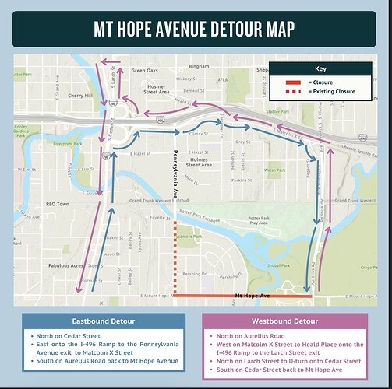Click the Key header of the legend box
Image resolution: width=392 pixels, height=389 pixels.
[x=320, y=68]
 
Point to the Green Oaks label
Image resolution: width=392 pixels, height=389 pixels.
[x=144, y=71]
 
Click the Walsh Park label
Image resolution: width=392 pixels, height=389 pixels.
[x=274, y=169]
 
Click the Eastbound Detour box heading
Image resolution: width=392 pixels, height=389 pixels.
[x=103, y=321]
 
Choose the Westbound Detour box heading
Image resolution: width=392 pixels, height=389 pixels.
[x=284, y=321]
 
